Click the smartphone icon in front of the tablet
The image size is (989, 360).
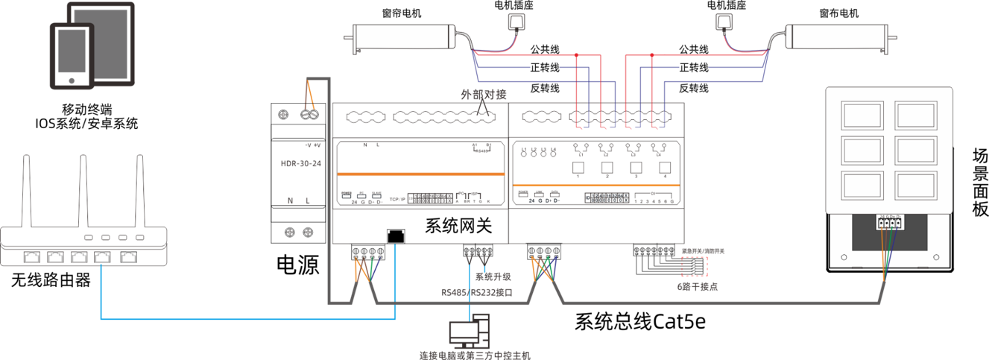coord(72,56)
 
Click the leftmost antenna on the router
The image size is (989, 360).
coord(28,190)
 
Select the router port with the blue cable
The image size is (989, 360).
coord(101,258)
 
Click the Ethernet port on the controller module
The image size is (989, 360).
coord(396,236)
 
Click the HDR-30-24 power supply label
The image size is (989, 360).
coord(300,163)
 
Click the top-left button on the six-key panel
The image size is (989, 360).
coord(862,115)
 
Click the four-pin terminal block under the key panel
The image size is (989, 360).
coord(890,222)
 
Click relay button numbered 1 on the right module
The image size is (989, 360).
coord(577,165)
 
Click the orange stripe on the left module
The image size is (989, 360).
coord(420,174)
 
